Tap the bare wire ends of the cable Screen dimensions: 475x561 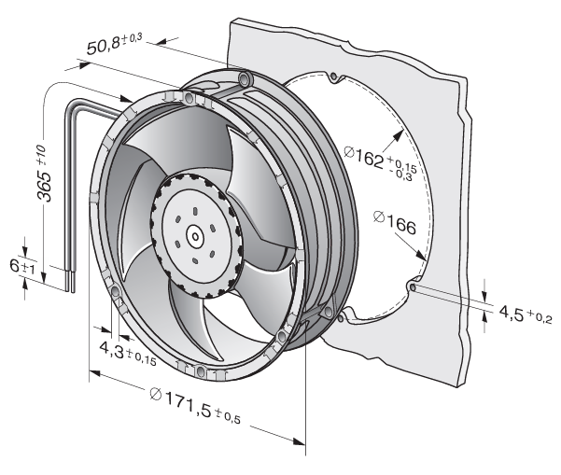pos(70,277)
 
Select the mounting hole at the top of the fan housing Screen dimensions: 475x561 pos(245,77)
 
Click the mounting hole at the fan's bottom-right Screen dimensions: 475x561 pos(281,334)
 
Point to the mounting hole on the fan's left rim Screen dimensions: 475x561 pos(116,292)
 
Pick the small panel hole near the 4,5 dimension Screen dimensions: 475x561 pos(411,287)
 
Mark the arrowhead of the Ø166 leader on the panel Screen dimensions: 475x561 pos(424,258)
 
